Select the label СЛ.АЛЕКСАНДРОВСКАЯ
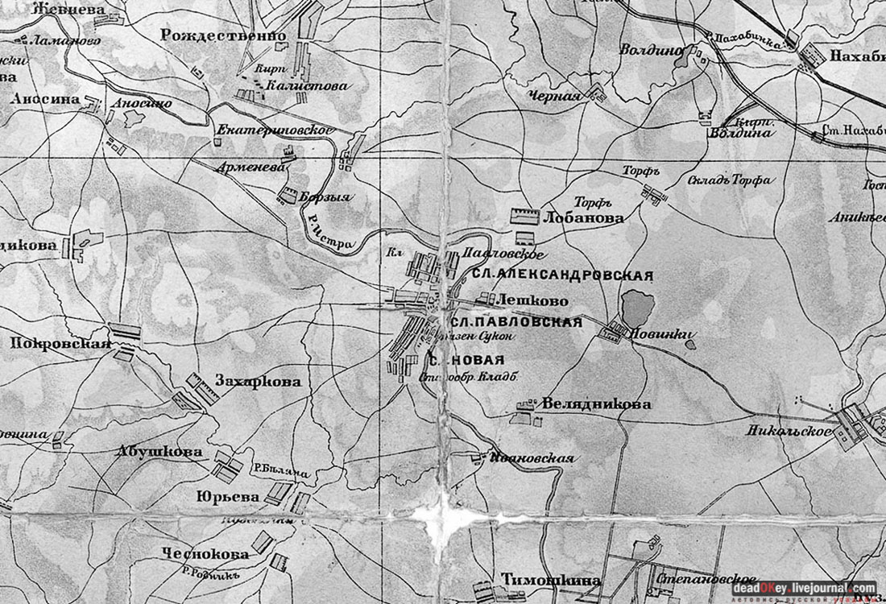coord(562,275)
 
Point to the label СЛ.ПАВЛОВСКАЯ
coord(515,322)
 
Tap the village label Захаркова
coord(258,381)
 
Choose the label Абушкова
coord(159,452)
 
